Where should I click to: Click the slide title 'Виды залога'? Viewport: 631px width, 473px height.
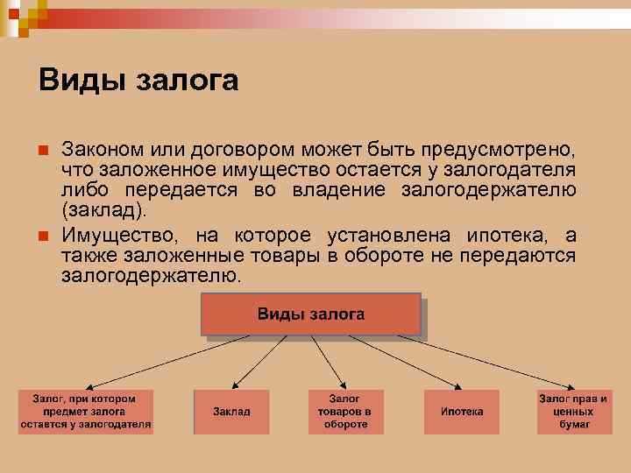pos(138,81)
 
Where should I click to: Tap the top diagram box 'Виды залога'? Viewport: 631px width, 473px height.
pos(311,314)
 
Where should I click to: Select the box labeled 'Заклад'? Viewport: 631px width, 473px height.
pos(231,412)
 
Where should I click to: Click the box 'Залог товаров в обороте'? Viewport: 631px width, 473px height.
pos(345,412)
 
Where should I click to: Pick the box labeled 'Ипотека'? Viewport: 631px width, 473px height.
pos(462,412)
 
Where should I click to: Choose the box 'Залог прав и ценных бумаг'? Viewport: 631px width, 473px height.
pos(574,412)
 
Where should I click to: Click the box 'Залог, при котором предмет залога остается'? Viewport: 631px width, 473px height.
pos(86,412)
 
